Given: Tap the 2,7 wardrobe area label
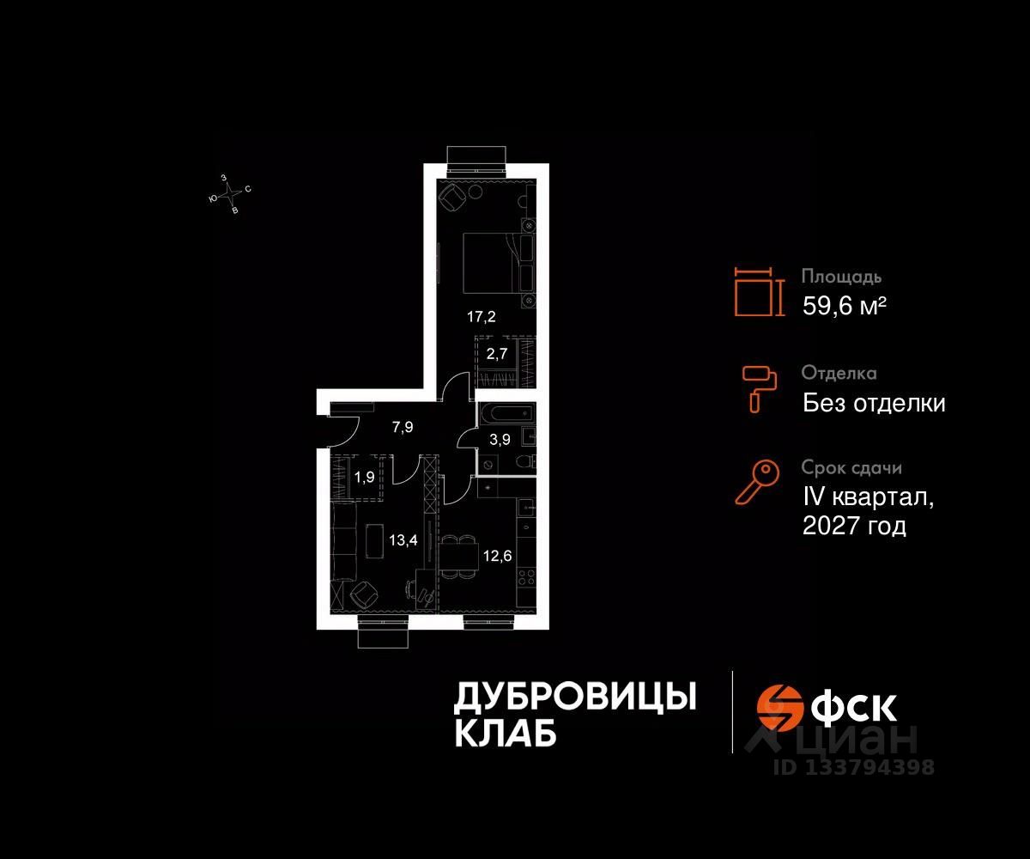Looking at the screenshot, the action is tap(498, 351).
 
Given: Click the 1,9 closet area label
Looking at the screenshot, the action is tap(364, 477).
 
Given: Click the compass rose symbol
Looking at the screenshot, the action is tap(230, 195).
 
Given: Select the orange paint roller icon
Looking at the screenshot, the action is tap(760, 387).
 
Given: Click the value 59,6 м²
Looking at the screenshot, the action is tap(844, 306).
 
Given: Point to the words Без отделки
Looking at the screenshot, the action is tap(874, 403).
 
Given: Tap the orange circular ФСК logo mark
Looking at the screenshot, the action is tap(779, 707).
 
